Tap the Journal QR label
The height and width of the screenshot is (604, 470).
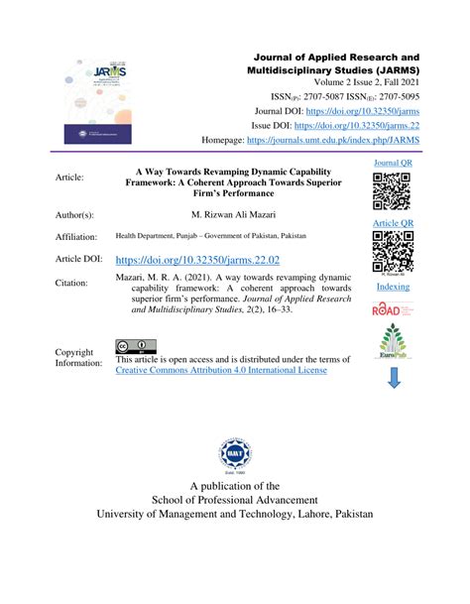click(x=392, y=162)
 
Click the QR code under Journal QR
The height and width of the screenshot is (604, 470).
click(x=392, y=190)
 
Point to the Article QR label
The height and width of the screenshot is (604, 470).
click(x=392, y=224)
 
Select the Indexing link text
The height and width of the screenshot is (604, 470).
click(x=392, y=287)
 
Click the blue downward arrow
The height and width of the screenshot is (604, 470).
click(x=393, y=378)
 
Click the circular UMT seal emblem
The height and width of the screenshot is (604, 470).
click(x=235, y=458)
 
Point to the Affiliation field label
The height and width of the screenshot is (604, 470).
click(x=76, y=237)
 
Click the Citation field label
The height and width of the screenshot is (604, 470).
click(x=71, y=283)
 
